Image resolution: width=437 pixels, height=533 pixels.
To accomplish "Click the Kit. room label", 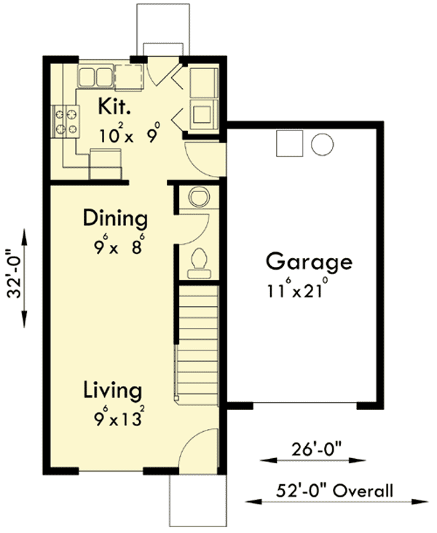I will click(115, 108).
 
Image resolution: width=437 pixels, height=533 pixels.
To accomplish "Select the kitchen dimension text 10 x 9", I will click(130, 135).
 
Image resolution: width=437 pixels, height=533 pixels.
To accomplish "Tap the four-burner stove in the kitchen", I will click(64, 121).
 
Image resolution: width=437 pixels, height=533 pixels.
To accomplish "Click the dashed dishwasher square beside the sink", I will click(128, 76).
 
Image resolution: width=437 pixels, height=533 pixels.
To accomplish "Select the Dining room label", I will click(114, 217).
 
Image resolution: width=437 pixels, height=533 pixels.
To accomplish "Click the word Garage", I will click(308, 261).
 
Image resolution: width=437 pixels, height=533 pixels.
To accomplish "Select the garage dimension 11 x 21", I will click(299, 291).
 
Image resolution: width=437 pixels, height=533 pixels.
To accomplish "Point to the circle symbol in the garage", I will click(322, 144).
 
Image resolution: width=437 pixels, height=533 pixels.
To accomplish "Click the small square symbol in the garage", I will click(288, 144).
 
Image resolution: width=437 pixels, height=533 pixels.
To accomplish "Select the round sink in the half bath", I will click(198, 196).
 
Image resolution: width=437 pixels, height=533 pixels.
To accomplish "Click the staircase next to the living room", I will click(198, 342).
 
